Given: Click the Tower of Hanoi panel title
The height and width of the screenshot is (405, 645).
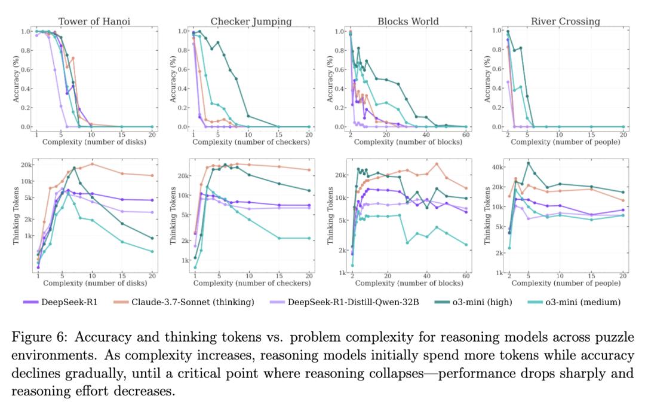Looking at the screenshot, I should click(94, 22).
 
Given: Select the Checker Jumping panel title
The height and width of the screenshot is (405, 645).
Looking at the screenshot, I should click(251, 22).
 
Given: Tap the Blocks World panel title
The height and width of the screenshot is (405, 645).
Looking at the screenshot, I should click(408, 22).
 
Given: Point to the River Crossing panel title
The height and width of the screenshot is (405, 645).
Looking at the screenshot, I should click(565, 22).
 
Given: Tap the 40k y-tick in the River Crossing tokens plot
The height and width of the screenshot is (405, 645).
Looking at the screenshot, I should click(495, 167).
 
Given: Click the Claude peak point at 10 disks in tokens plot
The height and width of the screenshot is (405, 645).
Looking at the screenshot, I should click(92, 164).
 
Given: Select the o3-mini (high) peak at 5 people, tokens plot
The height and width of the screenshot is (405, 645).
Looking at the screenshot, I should click(528, 163).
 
